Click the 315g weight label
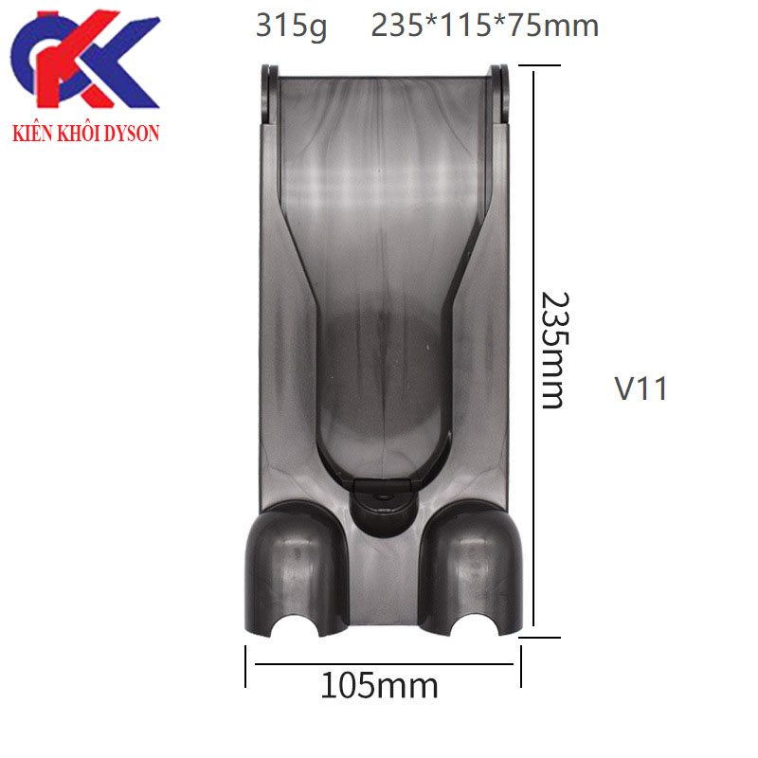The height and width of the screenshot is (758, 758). pos(291,27)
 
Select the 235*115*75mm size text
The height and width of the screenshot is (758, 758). pos(485,26)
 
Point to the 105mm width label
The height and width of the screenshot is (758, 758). pos(379,684)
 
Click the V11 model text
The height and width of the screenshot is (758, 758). pos(641,388)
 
